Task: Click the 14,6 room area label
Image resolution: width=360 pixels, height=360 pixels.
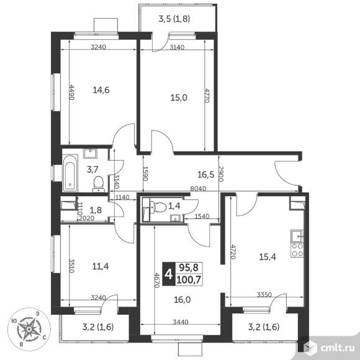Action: [101, 90]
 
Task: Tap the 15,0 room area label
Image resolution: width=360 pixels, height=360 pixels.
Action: [179, 98]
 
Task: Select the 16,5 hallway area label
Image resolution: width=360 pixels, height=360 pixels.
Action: [205, 174]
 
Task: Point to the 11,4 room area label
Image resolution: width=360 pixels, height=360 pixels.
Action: [101, 266]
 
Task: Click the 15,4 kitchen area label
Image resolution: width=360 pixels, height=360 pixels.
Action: [268, 257]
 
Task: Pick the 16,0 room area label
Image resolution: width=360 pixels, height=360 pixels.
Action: [182, 300]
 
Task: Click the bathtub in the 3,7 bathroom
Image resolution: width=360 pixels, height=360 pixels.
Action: [70, 173]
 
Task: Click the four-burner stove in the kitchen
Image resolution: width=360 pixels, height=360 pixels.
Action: [297, 250]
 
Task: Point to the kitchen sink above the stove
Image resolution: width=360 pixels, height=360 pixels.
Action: [297, 236]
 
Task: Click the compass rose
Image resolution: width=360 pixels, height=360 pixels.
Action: [29, 329]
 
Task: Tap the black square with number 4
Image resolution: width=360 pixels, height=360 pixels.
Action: [169, 274]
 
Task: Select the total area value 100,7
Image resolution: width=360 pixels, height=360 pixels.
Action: [189, 280]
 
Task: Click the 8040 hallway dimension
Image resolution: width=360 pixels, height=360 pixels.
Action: [198, 189]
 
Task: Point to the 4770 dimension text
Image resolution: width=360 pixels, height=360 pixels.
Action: [207, 96]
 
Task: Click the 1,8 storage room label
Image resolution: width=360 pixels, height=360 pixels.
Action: [96, 210]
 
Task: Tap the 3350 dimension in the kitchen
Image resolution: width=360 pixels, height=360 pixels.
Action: [264, 294]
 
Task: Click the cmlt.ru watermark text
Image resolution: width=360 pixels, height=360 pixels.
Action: [338, 348]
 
